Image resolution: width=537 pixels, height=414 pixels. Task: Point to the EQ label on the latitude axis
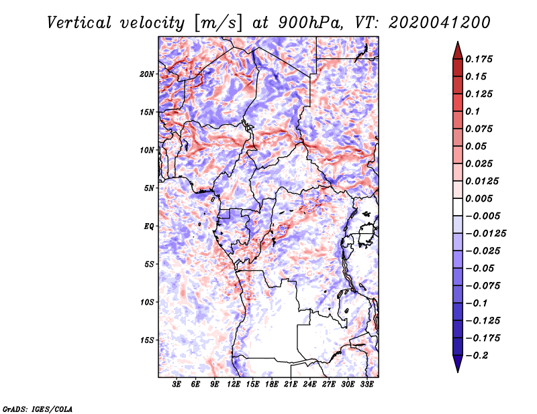click(x=149, y=226)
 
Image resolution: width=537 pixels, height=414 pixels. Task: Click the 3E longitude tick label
click(x=177, y=385)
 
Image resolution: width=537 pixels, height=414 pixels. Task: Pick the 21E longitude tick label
click(x=291, y=385)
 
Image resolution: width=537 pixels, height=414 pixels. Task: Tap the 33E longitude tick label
click(x=367, y=385)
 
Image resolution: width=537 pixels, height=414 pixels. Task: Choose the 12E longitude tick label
click(x=234, y=385)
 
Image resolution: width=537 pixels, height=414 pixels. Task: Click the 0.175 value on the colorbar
click(x=480, y=59)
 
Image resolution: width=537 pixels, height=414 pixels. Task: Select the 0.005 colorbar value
click(x=480, y=198)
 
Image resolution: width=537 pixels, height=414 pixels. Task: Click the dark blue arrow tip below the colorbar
click(x=457, y=367)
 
